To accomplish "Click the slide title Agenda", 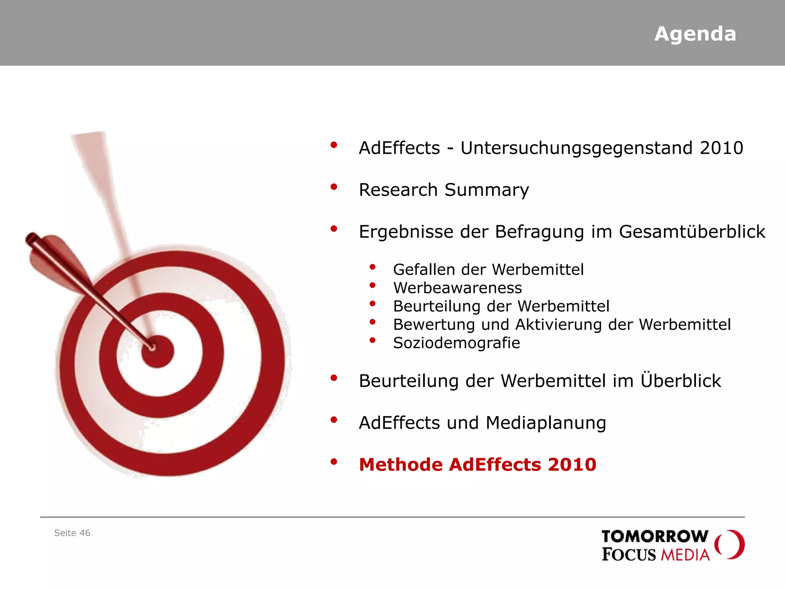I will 695,34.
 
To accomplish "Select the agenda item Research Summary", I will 443,190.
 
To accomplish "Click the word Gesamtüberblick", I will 692,232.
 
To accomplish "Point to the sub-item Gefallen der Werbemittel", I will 488,270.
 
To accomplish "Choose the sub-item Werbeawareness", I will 457,288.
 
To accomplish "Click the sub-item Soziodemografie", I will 456,343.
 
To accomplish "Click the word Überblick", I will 681,381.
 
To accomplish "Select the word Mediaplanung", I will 545,423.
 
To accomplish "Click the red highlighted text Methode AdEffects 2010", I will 477,465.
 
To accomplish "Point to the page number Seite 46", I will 72,533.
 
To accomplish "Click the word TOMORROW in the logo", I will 655,536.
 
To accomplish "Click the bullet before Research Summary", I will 334,187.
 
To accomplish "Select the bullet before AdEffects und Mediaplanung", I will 334,420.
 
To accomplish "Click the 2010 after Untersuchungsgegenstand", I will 721,148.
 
